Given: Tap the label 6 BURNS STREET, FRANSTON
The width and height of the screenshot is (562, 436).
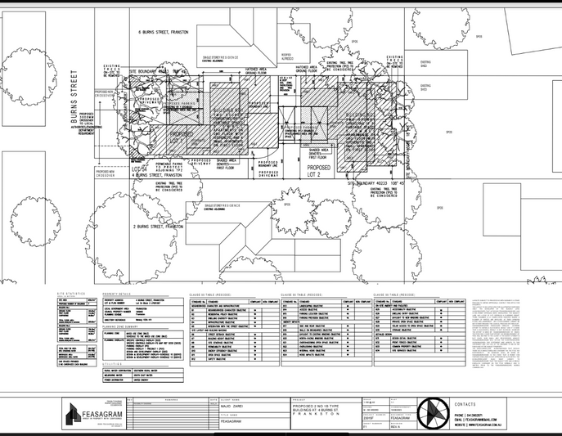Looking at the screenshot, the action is point(164,32).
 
